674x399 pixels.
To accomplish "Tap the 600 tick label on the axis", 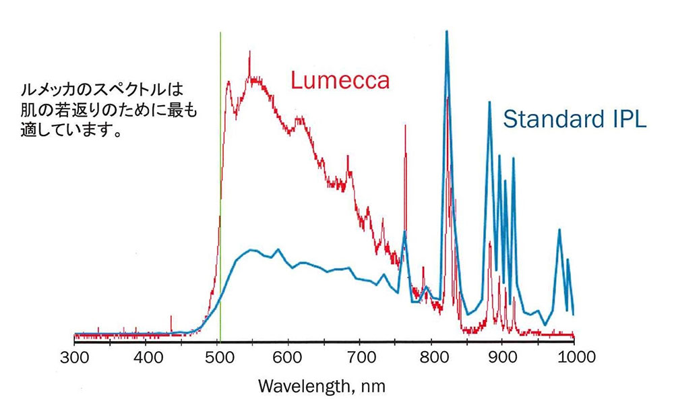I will [288, 357].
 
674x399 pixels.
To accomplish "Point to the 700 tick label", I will [359, 357].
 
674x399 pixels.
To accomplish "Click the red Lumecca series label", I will [340, 81].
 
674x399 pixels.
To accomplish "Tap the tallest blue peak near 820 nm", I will [446, 34].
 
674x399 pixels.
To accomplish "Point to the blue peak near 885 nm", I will [490, 104].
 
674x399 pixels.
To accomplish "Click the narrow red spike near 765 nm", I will [405, 128].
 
